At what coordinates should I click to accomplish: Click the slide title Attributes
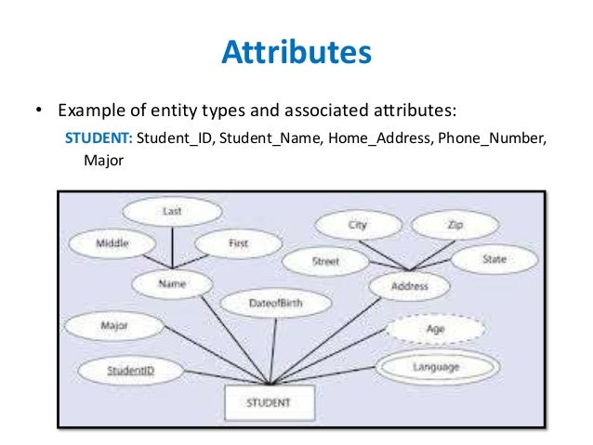click(296, 52)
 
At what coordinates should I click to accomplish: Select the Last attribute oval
click(171, 211)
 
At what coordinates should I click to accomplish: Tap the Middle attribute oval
click(112, 243)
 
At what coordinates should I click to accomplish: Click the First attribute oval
click(238, 243)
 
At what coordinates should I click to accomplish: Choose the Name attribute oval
click(173, 285)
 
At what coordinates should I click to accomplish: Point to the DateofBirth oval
click(276, 304)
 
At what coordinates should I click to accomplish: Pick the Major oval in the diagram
click(113, 326)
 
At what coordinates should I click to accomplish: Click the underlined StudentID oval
click(129, 371)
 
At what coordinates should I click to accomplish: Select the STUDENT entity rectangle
click(269, 403)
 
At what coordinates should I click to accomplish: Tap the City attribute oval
click(358, 225)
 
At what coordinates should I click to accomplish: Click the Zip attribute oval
click(455, 225)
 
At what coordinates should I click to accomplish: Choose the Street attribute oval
click(325, 262)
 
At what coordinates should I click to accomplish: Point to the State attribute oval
click(494, 260)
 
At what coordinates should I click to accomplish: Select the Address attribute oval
click(410, 287)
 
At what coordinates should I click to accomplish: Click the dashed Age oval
click(435, 328)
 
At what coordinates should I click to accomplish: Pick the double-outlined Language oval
click(435, 367)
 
